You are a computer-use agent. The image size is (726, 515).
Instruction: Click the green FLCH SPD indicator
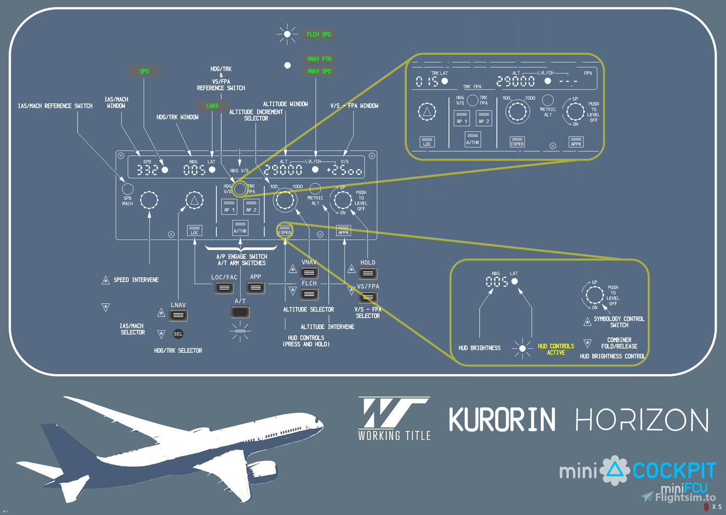tap(318, 34)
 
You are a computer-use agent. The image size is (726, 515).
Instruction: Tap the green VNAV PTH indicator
tap(318, 59)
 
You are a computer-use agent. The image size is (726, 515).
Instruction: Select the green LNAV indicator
tap(212, 105)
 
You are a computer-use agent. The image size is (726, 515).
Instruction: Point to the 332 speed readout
tap(147, 170)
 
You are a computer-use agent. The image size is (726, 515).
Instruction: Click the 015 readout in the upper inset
tap(427, 82)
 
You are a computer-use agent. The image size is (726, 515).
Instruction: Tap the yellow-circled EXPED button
tap(285, 230)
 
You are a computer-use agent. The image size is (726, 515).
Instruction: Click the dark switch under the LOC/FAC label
tap(224, 288)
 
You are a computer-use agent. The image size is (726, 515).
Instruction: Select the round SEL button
tap(178, 334)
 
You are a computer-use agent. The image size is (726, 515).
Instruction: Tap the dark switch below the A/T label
tap(240, 312)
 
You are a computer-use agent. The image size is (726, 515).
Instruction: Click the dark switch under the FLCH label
tap(309, 294)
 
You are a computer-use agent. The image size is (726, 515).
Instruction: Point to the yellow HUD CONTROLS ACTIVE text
tap(555, 349)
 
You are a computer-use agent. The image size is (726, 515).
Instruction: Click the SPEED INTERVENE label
tap(136, 280)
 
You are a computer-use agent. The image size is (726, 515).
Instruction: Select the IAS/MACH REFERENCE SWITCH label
tap(55, 106)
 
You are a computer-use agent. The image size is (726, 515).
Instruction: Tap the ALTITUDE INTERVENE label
tap(327, 327)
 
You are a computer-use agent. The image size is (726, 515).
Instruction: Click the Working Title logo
tap(394, 418)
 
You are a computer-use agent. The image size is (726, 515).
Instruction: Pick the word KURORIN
tap(502, 419)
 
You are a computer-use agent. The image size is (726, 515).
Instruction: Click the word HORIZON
tap(642, 419)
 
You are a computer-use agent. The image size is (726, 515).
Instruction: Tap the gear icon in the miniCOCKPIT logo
tap(615, 470)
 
